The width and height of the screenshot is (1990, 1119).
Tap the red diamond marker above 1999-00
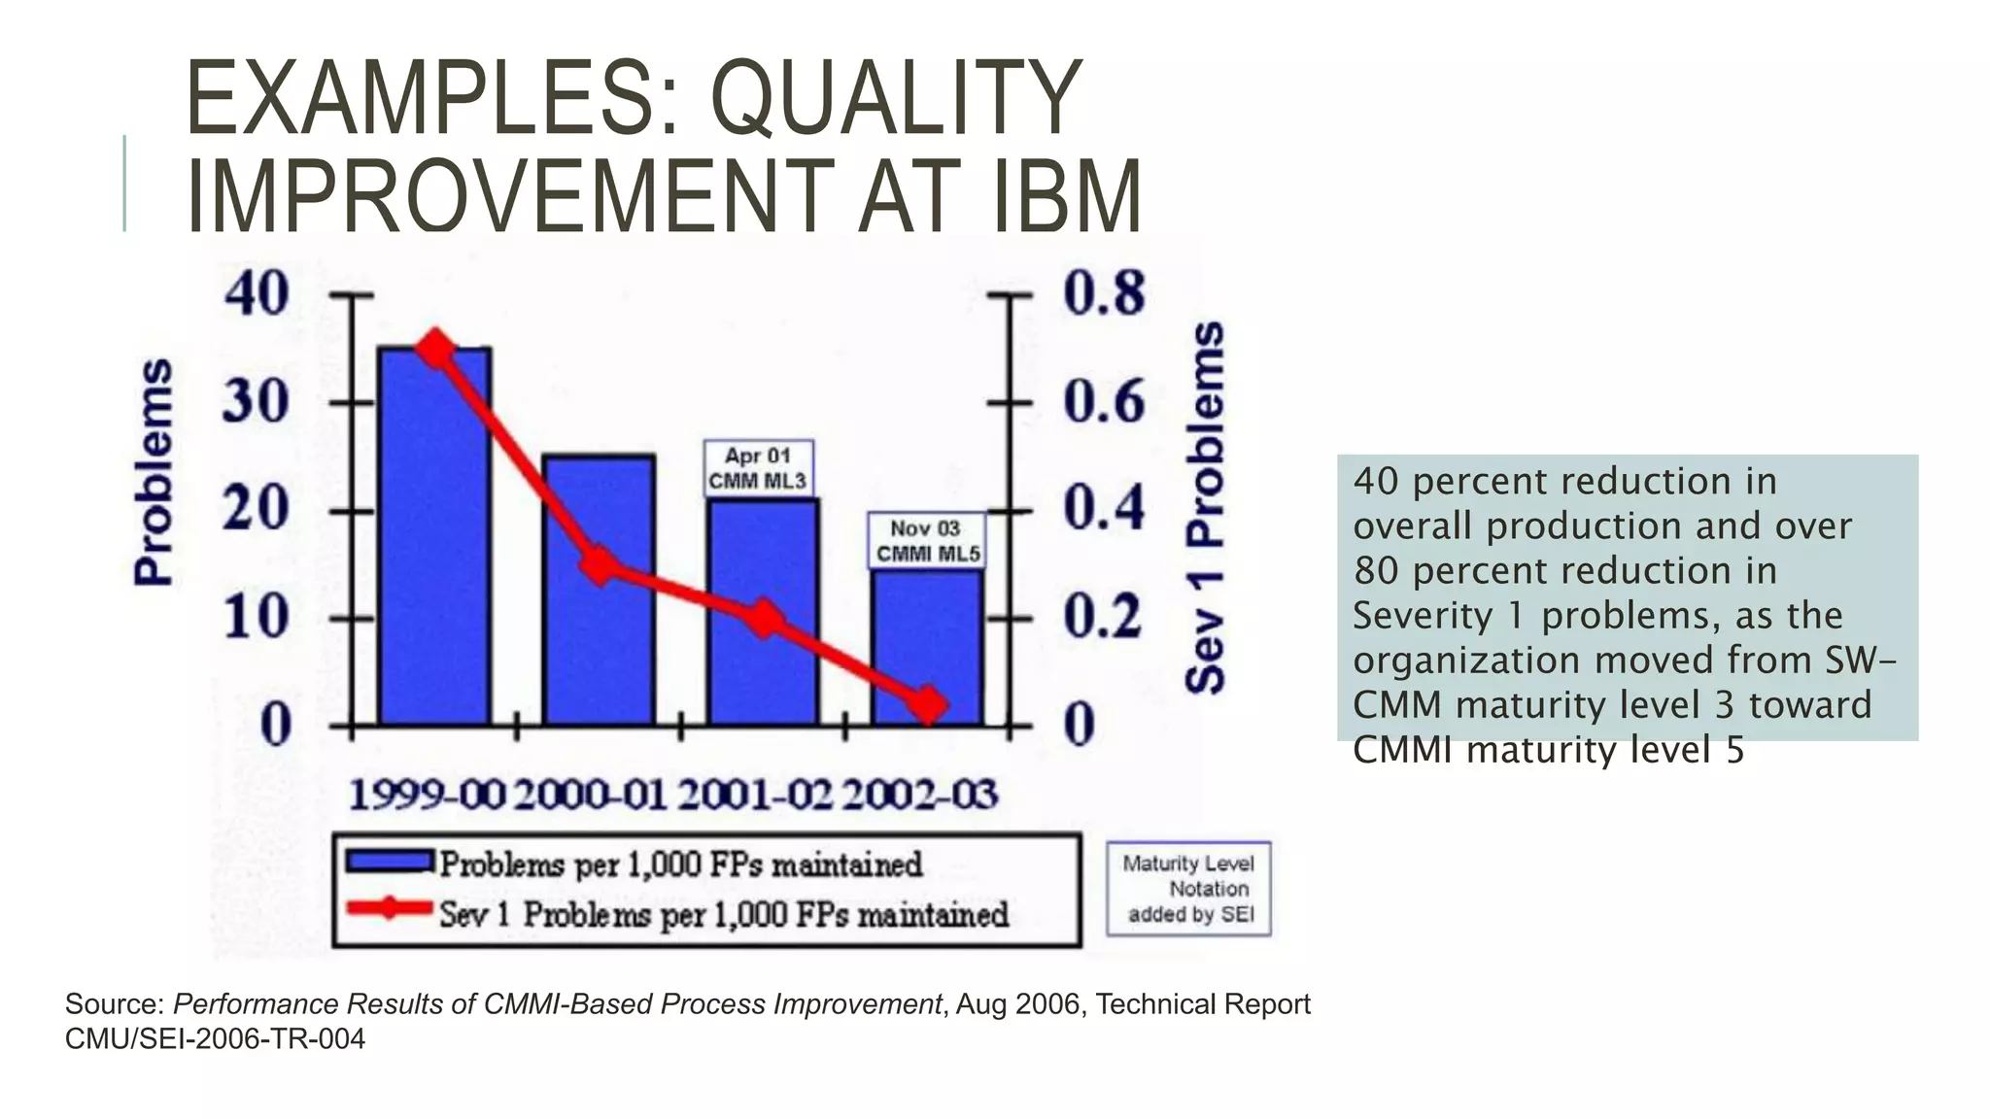(435, 351)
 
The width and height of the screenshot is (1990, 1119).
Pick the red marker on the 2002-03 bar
(928, 704)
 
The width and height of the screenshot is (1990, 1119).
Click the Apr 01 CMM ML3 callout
(758, 468)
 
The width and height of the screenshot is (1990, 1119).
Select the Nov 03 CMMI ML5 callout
(927, 541)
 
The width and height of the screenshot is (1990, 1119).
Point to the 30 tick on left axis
(256, 401)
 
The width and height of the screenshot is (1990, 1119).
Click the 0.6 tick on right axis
(1104, 401)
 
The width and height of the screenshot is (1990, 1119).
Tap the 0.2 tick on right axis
(1104, 616)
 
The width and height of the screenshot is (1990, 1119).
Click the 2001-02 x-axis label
(754, 796)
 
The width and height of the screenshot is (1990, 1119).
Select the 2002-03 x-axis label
(919, 796)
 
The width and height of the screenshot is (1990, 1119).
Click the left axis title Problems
(154, 472)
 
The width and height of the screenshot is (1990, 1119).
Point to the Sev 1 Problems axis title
(1206, 507)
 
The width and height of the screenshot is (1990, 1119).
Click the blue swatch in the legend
(389, 862)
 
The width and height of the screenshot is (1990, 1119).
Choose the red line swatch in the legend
(389, 909)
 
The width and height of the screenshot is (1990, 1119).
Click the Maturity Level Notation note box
(1188, 889)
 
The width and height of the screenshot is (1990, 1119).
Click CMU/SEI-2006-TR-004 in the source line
(215, 1039)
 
